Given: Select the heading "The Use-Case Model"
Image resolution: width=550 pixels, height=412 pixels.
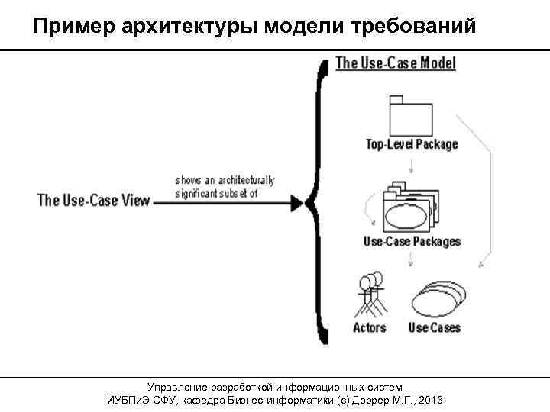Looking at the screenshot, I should click(396, 63).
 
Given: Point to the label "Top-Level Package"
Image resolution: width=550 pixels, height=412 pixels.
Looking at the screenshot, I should click(412, 144).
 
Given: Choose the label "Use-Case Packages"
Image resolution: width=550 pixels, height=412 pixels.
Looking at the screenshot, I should click(412, 242).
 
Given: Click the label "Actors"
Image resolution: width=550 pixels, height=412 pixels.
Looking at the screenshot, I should click(370, 328).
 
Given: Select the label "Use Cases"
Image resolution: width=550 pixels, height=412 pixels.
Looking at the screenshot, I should click(435, 328).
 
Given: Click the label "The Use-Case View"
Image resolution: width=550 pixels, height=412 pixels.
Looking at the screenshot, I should click(94, 201).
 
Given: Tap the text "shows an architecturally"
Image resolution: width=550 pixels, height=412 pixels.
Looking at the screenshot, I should click(225, 181).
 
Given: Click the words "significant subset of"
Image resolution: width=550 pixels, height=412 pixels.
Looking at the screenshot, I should click(217, 193).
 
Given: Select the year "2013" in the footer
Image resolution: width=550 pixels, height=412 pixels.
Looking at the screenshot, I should click(431, 401).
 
